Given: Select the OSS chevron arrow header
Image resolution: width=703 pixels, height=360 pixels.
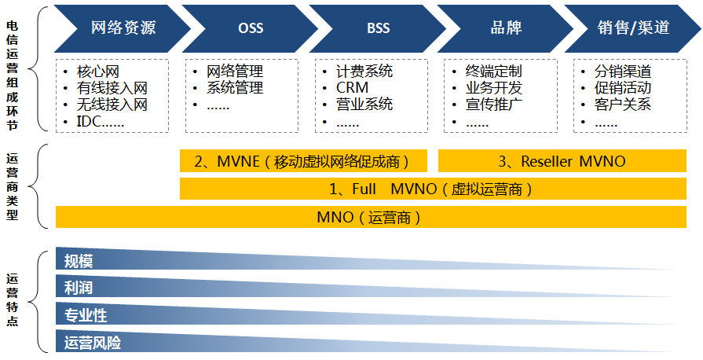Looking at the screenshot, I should pyautogui.click(x=251, y=28).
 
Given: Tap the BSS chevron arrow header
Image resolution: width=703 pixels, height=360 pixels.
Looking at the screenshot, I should pyautogui.click(x=378, y=28).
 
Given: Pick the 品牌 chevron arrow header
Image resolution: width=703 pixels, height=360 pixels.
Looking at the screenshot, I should pyautogui.click(x=506, y=28).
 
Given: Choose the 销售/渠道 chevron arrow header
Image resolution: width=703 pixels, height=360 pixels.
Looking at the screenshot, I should pyautogui.click(x=633, y=28).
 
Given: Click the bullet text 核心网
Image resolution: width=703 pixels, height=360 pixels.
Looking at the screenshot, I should pyautogui.click(x=98, y=72).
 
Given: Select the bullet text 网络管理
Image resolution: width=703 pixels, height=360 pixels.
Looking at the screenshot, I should pyautogui.click(x=234, y=72).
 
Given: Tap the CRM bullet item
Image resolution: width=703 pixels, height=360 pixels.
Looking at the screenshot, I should pyautogui.click(x=352, y=88).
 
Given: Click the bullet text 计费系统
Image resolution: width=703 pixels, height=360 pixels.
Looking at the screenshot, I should pyautogui.click(x=364, y=72).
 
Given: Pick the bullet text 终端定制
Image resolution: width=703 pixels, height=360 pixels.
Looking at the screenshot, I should pyautogui.click(x=493, y=72).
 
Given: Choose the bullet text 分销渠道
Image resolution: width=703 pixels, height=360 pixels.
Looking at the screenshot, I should pyautogui.click(x=623, y=72).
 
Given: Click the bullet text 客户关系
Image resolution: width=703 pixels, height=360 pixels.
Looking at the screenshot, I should pyautogui.click(x=623, y=105).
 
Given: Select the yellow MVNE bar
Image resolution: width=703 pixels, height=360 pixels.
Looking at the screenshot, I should pyautogui.click(x=303, y=161).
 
